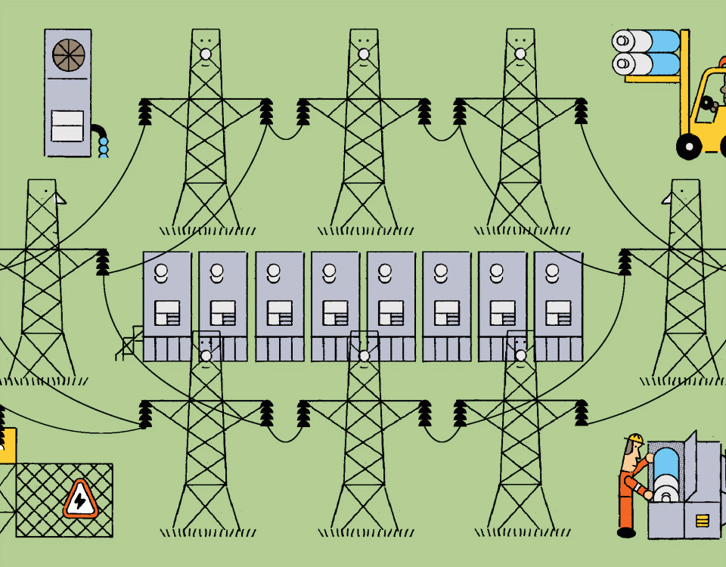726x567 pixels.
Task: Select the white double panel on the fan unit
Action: pyautogui.click(x=67, y=125)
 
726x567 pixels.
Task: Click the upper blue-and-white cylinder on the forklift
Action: pyautogui.click(x=647, y=42)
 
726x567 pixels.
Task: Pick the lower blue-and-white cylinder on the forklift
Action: pyautogui.click(x=647, y=64)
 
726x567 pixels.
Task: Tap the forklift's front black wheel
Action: pyautogui.click(x=689, y=145)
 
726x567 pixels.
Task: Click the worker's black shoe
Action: pyautogui.click(x=626, y=532)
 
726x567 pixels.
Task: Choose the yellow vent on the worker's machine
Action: pyautogui.click(x=703, y=519)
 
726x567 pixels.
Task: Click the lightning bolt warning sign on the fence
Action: pyautogui.click(x=79, y=500)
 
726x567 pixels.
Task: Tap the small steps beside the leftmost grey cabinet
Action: pyautogui.click(x=132, y=343)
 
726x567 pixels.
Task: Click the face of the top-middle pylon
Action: pyautogui.click(x=364, y=38)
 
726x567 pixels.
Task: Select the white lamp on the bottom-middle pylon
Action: pyautogui.click(x=364, y=355)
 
